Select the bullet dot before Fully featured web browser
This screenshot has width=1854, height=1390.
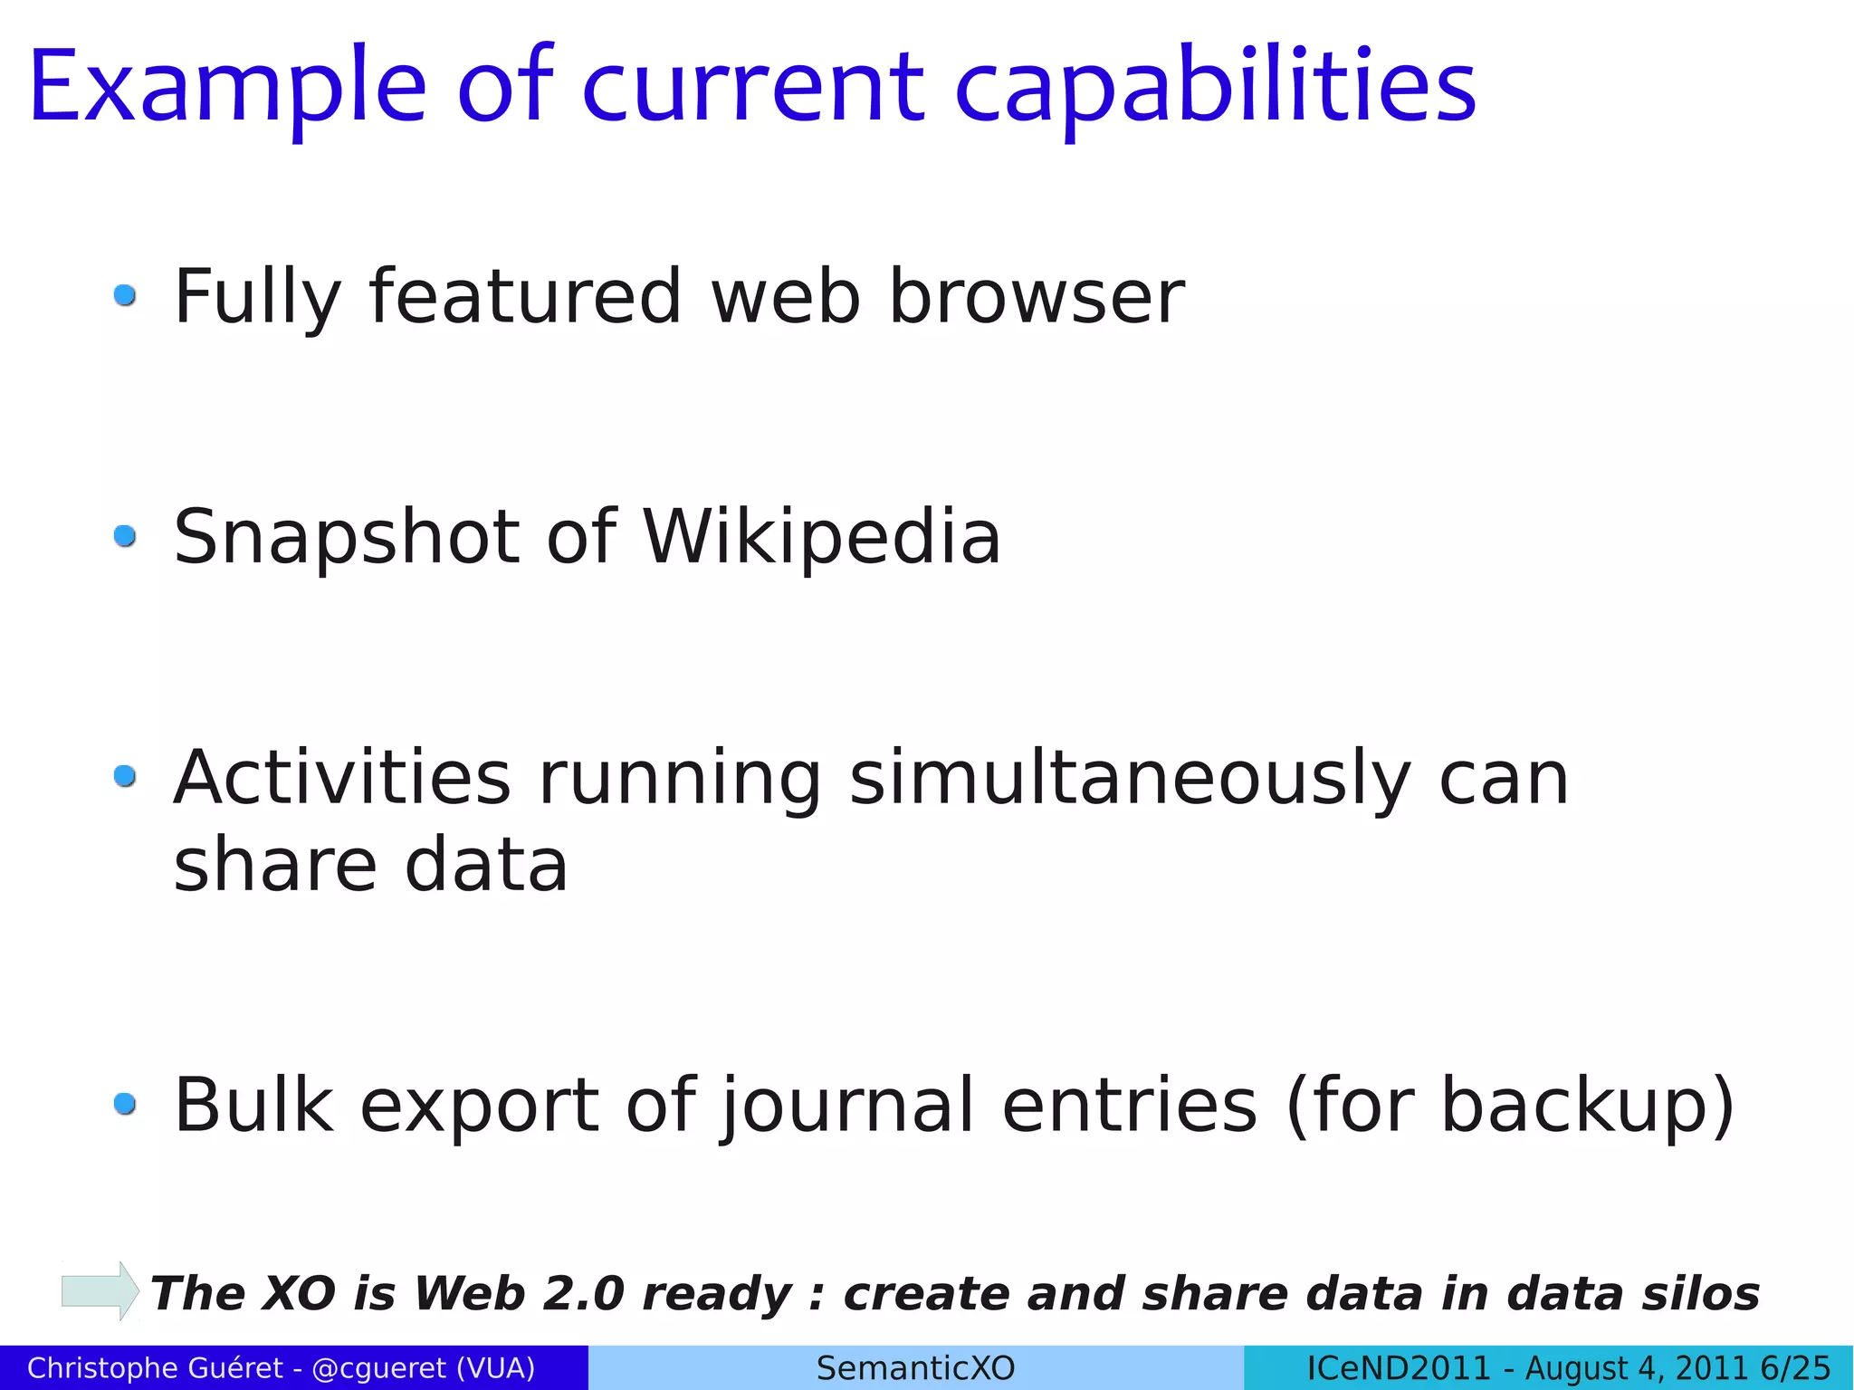(125, 295)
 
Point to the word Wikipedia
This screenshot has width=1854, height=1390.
(822, 537)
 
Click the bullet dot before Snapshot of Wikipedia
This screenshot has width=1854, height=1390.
(125, 536)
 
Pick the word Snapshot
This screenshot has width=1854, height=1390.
(346, 539)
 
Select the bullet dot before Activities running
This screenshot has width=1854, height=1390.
(125, 776)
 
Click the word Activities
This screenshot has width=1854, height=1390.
(342, 779)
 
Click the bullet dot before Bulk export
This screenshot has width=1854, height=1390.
(125, 1104)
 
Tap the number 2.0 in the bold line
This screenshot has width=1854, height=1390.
(583, 1293)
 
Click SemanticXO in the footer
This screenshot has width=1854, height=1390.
(915, 1367)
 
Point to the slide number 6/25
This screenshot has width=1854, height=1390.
(1796, 1367)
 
